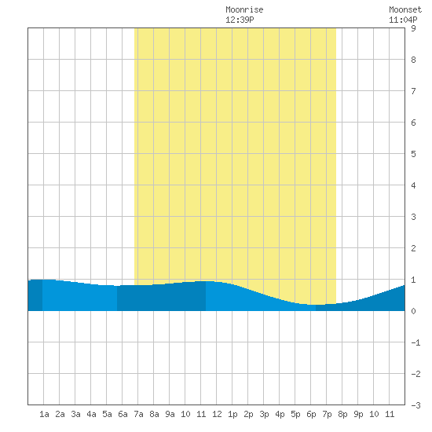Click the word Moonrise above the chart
tap(244, 9)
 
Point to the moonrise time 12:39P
tap(240, 20)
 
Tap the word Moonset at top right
tap(405, 9)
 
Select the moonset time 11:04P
tap(403, 20)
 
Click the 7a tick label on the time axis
tap(138, 414)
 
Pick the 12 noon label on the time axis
tap(217, 414)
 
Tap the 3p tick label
tap(264, 414)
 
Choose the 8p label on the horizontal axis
tap(342, 414)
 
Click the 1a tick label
tap(44, 414)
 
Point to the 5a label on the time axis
tap(107, 414)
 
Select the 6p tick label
tap(311, 414)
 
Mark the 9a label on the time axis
tap(170, 414)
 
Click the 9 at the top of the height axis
tap(413, 28)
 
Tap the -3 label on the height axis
tap(416, 405)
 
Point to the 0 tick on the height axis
tap(413, 311)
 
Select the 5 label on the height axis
tap(413, 154)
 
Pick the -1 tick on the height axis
tap(416, 342)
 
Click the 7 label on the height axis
tap(413, 91)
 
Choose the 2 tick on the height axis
tap(413, 248)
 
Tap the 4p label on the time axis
tap(280, 414)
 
